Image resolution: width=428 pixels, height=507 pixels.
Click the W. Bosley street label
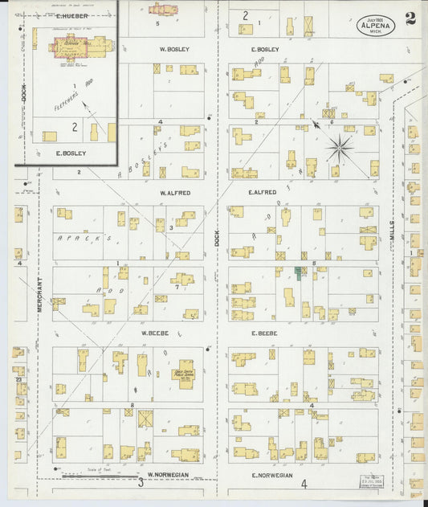pyautogui.click(x=173, y=49)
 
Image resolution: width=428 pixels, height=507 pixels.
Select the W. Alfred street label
pyautogui.click(x=173, y=193)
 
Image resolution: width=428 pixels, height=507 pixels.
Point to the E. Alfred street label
pyautogui.click(x=263, y=192)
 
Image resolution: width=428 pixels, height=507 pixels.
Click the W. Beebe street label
pyautogui.click(x=153, y=333)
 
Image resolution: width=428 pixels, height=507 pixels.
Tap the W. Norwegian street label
pyautogui.click(x=168, y=474)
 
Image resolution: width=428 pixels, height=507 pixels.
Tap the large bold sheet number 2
pyautogui.click(x=410, y=19)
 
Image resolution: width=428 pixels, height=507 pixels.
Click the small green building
pyautogui.click(x=299, y=274)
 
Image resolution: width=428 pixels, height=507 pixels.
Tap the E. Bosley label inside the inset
pyautogui.click(x=71, y=153)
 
